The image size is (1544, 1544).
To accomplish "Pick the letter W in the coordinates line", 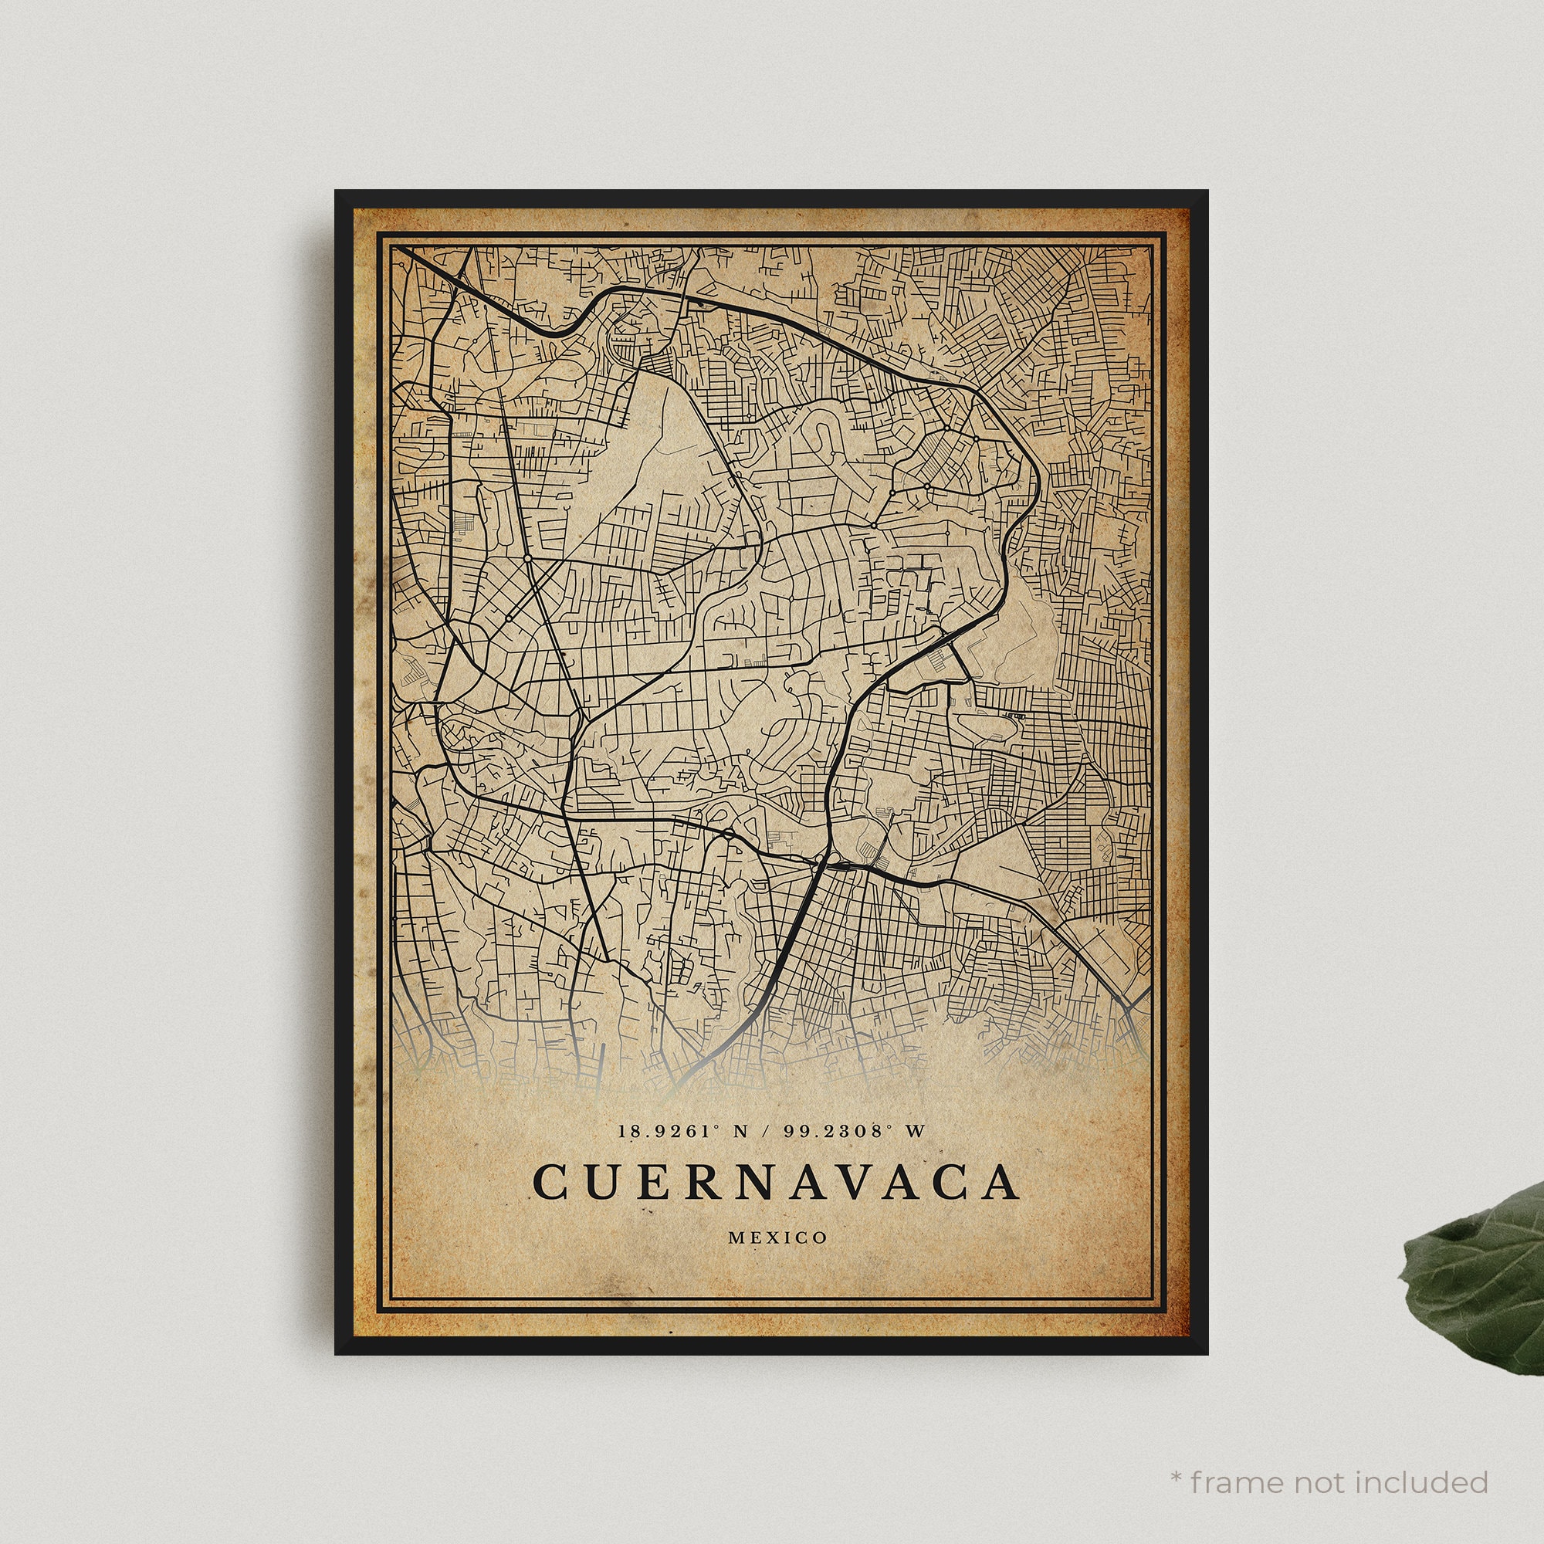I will coord(916,1132).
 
